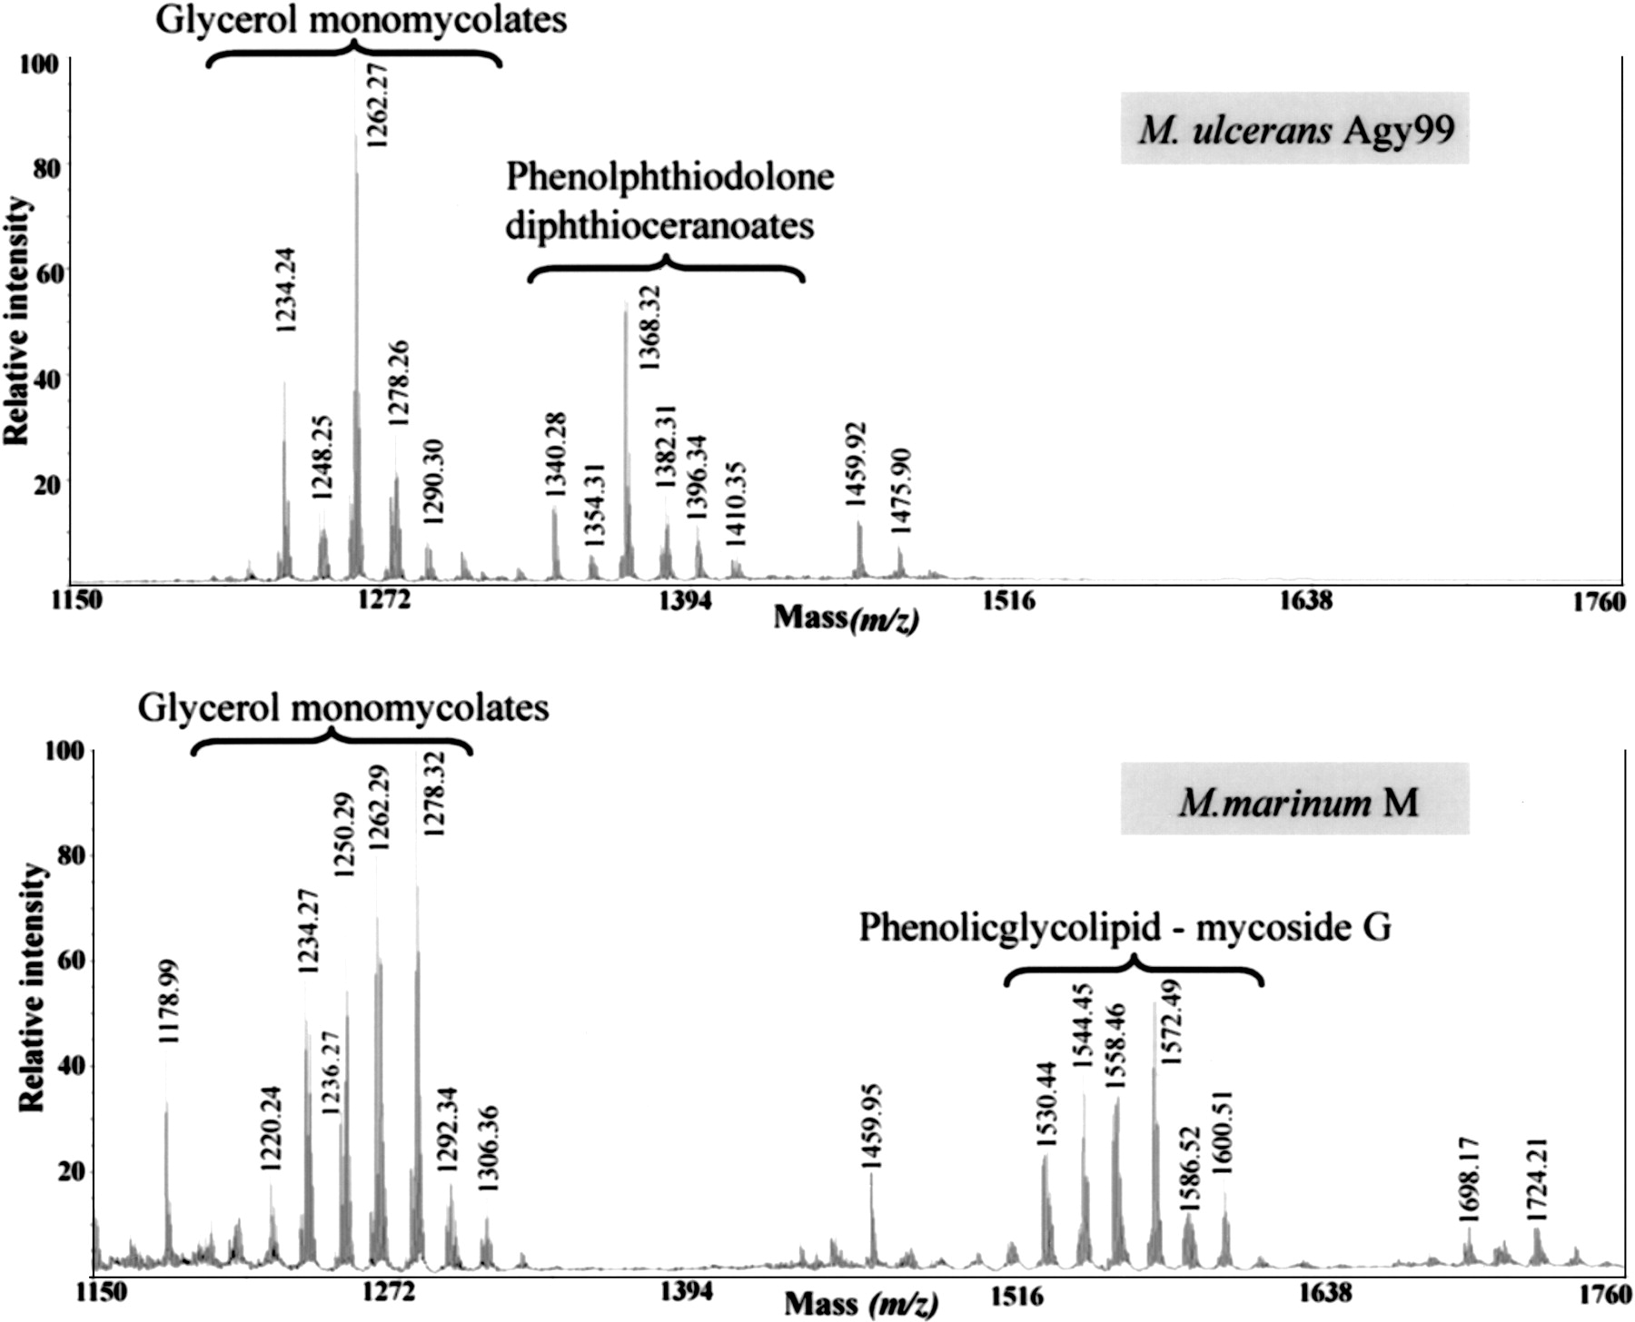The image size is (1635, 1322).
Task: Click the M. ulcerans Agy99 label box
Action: click(x=1294, y=129)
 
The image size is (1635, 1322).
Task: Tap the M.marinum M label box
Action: click(x=1294, y=800)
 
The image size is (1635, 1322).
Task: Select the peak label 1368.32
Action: click(x=649, y=327)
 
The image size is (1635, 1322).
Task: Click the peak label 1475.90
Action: click(x=901, y=491)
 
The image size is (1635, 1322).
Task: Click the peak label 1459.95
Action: click(x=871, y=1125)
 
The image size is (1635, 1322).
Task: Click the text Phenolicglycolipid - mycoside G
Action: click(x=1125, y=927)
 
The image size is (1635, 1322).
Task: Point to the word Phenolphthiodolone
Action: click(x=669, y=176)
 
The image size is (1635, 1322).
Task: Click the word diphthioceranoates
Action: click(x=659, y=225)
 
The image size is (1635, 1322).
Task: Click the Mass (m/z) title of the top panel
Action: click(x=846, y=618)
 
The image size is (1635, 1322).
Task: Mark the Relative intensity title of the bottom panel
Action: click(x=31, y=987)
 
